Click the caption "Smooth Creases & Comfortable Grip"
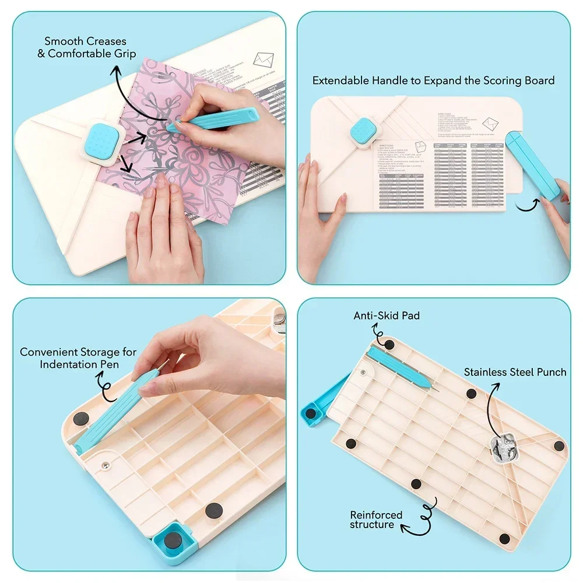90,47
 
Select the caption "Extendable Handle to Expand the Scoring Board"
433,80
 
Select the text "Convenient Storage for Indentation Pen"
78,358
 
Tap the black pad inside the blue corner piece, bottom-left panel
172,541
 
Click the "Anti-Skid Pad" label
387,315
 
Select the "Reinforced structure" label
376,519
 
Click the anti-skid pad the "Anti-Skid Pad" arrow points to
389,345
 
